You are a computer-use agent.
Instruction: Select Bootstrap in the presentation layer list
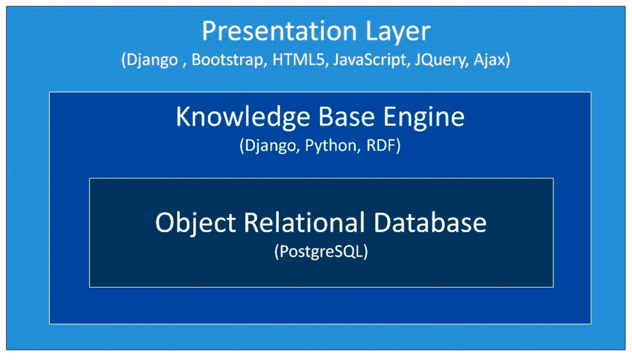pyautogui.click(x=225, y=61)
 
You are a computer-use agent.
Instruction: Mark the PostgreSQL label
pyautogui.click(x=321, y=253)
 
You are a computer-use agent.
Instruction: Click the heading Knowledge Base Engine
pyautogui.click(x=320, y=117)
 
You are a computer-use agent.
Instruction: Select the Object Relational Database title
pyautogui.click(x=320, y=222)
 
